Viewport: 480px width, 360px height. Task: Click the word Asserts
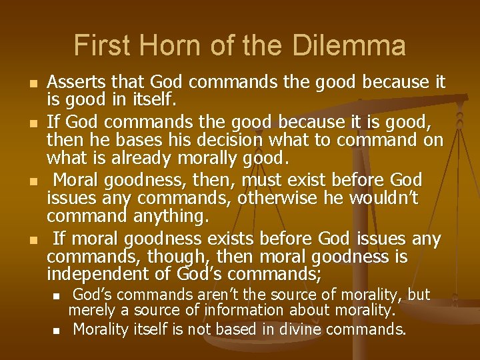click(74, 83)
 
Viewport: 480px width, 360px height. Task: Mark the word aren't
click(206, 295)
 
